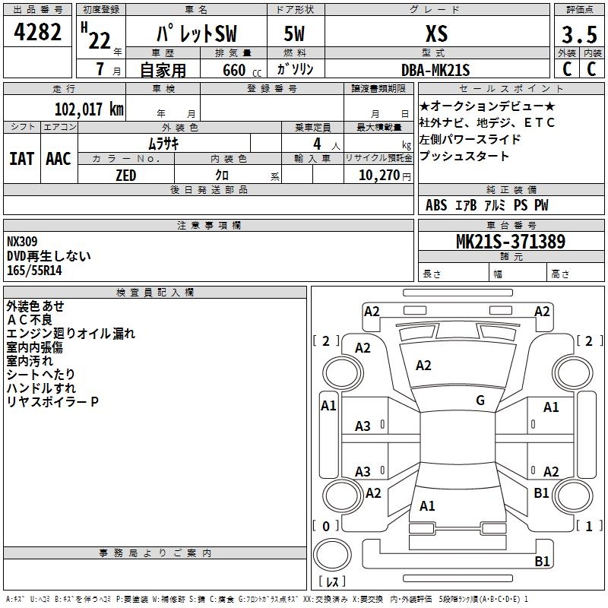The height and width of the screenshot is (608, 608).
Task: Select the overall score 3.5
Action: coord(578,35)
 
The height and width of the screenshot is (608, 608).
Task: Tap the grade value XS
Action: coord(436,33)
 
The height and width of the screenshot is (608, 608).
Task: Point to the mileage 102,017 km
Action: coord(89,109)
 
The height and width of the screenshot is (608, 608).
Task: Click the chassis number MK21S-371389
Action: coord(510,242)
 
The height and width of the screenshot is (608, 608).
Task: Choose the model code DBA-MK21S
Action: coord(436,70)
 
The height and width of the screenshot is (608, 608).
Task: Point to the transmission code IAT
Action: coord(21,158)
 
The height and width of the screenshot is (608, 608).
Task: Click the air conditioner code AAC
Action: coord(59,158)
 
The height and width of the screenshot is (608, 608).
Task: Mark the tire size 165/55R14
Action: coord(34,270)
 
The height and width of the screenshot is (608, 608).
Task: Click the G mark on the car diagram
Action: coord(480,401)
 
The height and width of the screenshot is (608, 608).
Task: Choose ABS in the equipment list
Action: coord(436,205)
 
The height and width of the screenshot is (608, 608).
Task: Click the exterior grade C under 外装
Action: coord(566,69)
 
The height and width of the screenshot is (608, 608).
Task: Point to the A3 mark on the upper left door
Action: coord(363,426)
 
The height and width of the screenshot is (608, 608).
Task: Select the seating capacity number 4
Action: coord(315,143)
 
